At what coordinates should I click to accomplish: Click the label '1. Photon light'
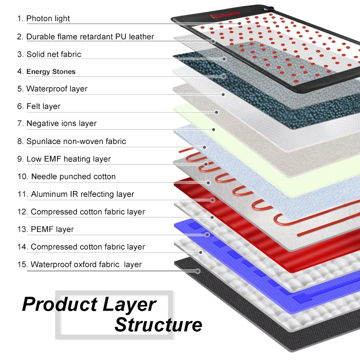43,19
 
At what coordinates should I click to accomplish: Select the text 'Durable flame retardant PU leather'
90,37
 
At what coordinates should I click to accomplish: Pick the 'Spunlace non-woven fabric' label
72,141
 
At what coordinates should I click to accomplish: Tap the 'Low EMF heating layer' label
64,159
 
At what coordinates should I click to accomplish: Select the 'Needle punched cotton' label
67,177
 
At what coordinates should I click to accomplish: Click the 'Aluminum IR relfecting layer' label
76,194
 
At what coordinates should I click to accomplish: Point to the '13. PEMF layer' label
46,229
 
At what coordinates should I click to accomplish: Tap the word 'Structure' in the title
158,325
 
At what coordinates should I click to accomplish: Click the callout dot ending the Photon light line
240,23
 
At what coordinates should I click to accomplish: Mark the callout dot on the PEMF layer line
207,235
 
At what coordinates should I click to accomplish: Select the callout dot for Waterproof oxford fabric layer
198,271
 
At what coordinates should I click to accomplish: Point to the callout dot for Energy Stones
224,76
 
